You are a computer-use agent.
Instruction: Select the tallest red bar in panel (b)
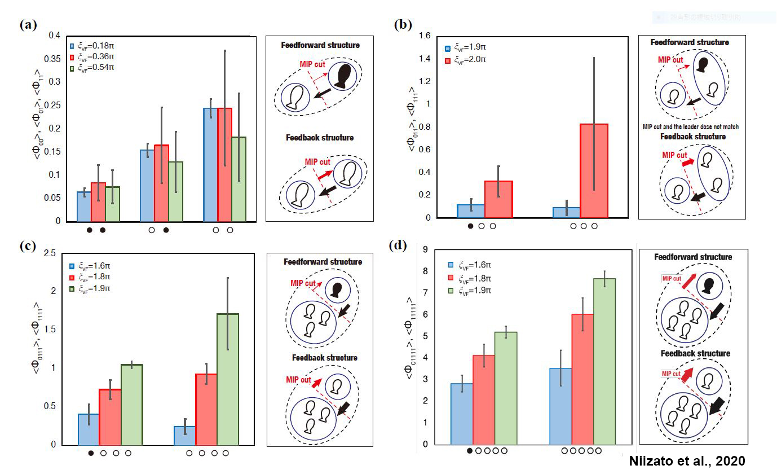[x=594, y=170]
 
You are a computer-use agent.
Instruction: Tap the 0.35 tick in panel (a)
[x=55, y=58]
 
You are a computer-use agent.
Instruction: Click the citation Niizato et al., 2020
[x=697, y=462]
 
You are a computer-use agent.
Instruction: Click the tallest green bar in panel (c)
[x=228, y=379]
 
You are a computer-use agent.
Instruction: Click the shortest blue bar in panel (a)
[x=84, y=206]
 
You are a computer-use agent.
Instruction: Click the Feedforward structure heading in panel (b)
[x=689, y=42]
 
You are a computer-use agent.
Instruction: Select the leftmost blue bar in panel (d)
[x=462, y=414]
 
